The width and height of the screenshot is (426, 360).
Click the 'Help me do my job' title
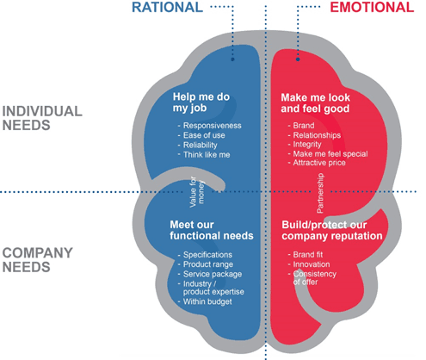[x=205, y=105]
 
